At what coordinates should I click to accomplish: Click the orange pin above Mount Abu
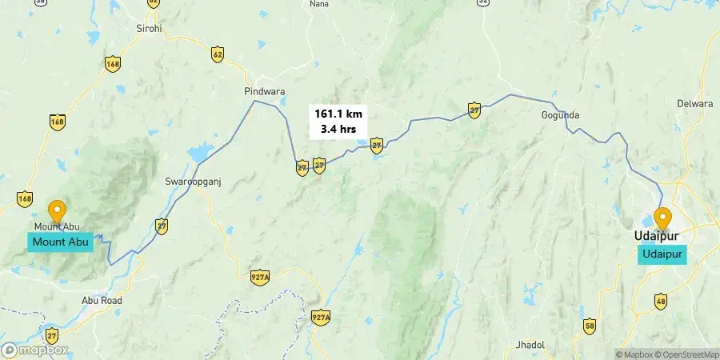57,212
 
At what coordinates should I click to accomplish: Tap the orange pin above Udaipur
662,218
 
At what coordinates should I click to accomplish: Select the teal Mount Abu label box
61,242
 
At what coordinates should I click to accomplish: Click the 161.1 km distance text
338,114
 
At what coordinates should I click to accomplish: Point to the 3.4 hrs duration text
338,129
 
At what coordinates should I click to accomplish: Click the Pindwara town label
264,92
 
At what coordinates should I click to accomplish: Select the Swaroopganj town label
192,181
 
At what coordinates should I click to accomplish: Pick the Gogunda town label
560,115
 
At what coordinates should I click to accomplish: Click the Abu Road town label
102,300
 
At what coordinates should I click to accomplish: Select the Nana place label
318,4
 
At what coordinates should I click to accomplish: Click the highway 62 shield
218,54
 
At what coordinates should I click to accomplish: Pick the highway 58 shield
590,326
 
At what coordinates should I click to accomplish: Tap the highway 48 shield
660,301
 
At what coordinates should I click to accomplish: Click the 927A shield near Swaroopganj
259,277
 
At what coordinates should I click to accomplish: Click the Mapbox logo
35,350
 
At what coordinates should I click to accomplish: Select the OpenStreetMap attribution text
690,354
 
